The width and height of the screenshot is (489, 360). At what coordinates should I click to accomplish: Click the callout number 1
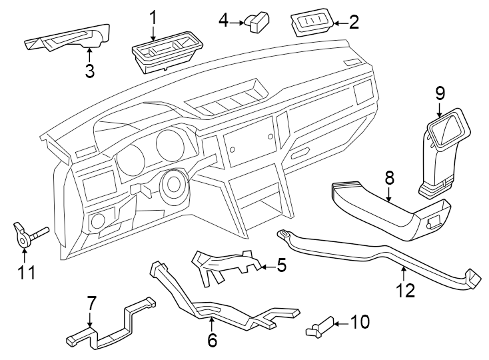[x=153, y=15]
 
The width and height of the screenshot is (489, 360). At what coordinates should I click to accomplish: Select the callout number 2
[x=354, y=23]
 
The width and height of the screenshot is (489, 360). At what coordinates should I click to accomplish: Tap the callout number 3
[x=90, y=71]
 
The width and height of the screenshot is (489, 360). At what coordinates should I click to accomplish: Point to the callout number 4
[x=224, y=21]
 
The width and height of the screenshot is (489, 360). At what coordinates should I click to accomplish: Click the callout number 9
[x=440, y=93]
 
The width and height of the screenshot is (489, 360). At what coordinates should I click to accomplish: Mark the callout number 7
[x=92, y=304]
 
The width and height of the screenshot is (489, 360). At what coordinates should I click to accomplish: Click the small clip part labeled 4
[x=256, y=22]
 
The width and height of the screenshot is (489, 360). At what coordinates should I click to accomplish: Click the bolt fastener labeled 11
[x=27, y=235]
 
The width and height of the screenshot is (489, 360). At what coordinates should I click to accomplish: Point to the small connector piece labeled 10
[x=318, y=327]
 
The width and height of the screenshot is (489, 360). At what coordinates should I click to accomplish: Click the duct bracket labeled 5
[x=223, y=265]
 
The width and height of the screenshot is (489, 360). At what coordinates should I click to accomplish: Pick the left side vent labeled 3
[x=67, y=41]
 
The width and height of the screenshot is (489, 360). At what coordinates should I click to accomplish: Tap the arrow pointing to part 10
[x=339, y=323]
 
